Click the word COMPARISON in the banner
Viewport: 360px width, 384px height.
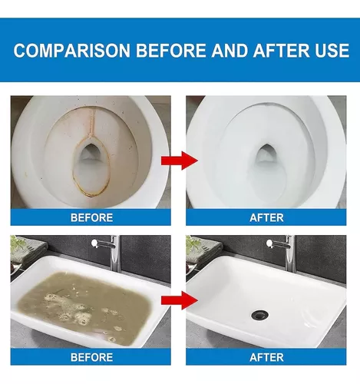click(x=72, y=50)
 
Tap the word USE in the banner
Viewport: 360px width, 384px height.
click(x=332, y=50)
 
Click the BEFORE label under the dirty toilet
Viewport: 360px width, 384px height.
click(x=91, y=217)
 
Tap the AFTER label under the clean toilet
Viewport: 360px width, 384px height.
click(x=266, y=217)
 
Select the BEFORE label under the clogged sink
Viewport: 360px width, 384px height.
click(x=91, y=357)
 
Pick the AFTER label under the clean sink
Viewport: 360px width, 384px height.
click(x=266, y=357)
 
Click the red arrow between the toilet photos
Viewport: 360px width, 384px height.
click(x=180, y=161)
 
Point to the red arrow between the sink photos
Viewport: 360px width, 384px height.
click(x=180, y=300)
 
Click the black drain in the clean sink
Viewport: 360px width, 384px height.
click(x=260, y=315)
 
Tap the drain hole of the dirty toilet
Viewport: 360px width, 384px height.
click(x=90, y=153)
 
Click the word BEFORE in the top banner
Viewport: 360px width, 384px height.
click(x=171, y=50)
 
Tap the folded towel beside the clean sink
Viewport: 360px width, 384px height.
click(x=205, y=253)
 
